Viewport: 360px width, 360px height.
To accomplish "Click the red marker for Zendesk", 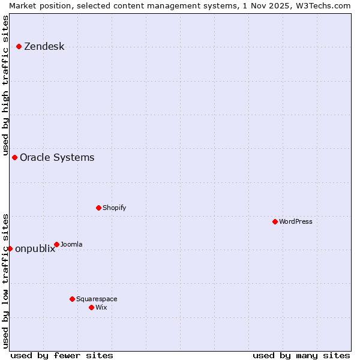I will coord(19,46).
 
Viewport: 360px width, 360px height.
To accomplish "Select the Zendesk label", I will coord(44,47).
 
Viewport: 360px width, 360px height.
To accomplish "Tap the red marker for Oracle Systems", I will coord(14,157).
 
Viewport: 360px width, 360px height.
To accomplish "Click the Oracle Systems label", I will coord(57,158).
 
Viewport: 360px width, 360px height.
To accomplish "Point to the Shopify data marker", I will coord(98,208).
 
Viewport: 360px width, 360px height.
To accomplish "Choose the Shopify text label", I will coord(114,208).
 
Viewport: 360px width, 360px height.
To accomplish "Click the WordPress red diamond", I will coord(275,221).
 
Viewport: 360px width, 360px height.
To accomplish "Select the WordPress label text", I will coord(295,221).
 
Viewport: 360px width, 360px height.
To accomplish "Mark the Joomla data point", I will coord(56,244).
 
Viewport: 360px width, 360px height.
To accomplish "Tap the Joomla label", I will coord(71,244).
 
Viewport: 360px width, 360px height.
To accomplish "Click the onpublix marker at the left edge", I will coord(10,248).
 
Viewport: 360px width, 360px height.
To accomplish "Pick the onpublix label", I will coord(35,249).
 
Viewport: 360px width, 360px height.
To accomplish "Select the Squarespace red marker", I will coord(72,299).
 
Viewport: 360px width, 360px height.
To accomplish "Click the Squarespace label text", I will coord(97,299).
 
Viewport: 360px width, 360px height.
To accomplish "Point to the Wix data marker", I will coord(91,307).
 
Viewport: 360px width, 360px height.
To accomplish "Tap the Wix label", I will coord(101,307).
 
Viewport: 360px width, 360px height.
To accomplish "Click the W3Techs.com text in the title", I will coord(323,5).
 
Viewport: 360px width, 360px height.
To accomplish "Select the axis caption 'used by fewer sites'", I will coord(62,355).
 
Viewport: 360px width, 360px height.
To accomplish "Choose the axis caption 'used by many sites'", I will coord(301,355).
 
